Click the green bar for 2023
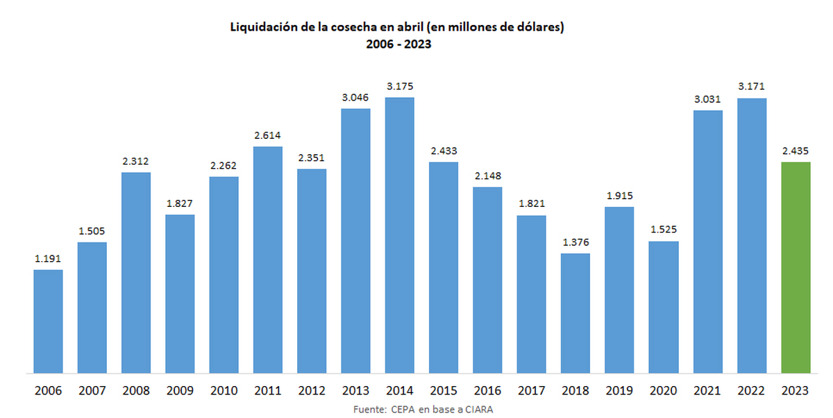pos(796,267)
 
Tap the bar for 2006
pos(49,321)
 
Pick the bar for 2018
pos(575,312)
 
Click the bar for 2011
pos(268,260)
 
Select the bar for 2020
pos(664,307)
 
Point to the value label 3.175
pos(400,86)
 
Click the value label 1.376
pos(575,242)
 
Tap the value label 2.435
pos(796,151)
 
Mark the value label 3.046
pos(355,97)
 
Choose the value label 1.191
pos(49,258)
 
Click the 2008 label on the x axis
pos(136,391)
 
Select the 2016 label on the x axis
pos(487,391)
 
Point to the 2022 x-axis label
pos(751,391)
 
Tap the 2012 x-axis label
pos(312,391)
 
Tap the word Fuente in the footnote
pos(369,409)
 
